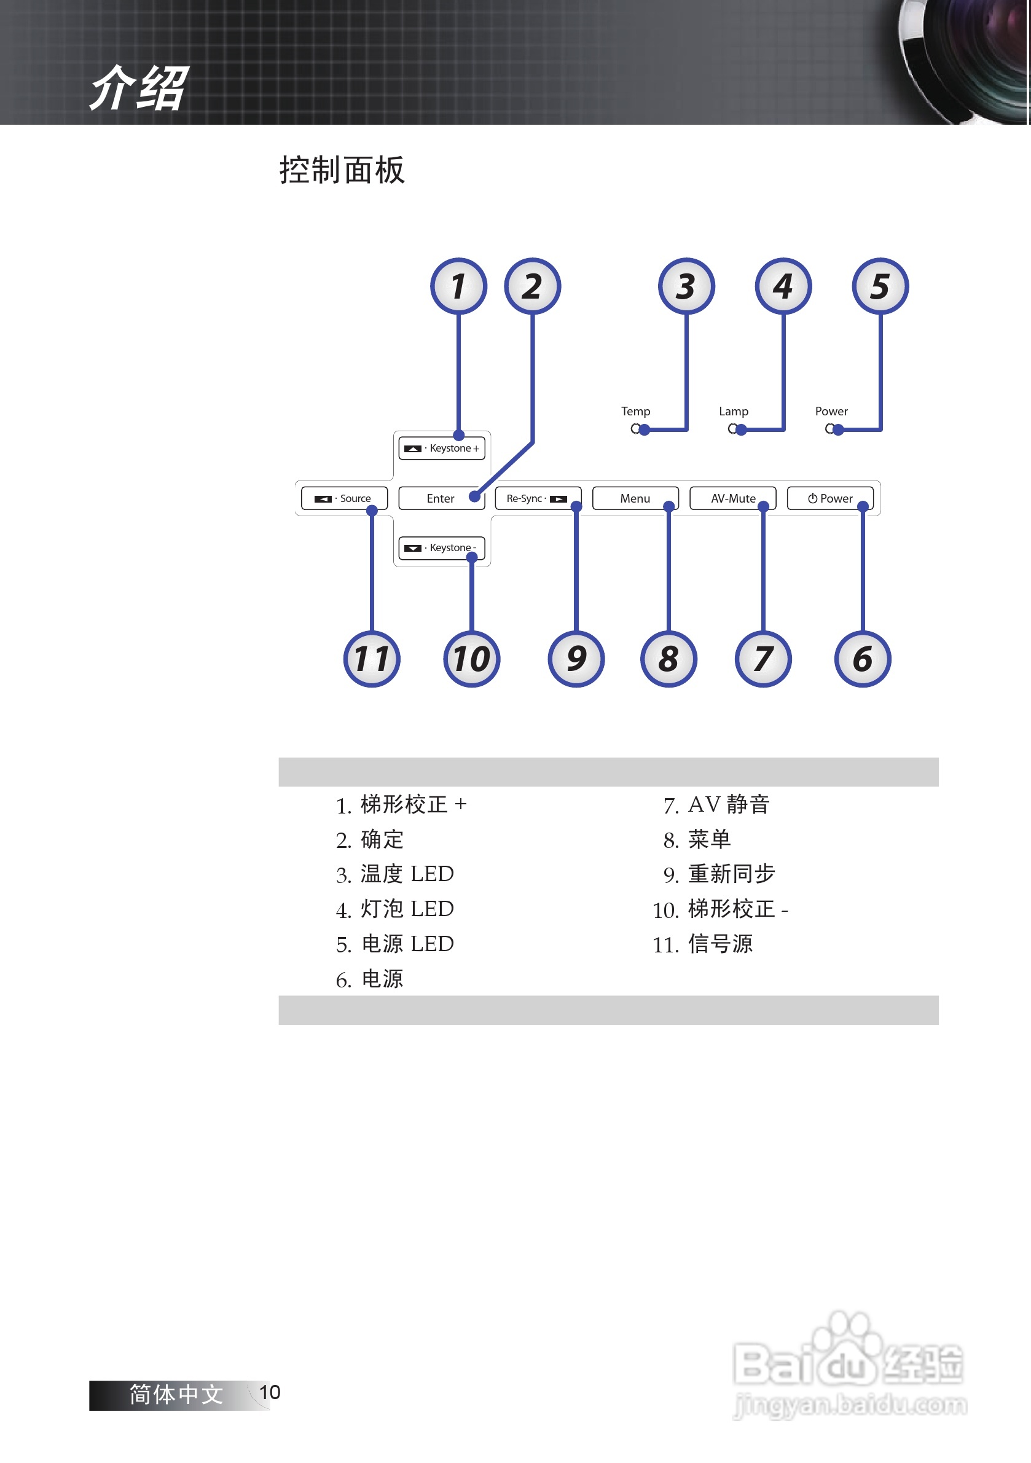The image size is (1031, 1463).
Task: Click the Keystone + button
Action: (442, 448)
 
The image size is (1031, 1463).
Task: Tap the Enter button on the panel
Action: (441, 498)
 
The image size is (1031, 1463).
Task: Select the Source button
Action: (344, 498)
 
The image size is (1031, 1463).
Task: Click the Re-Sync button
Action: (537, 498)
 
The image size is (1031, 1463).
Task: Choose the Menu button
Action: (635, 498)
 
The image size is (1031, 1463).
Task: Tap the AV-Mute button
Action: (733, 498)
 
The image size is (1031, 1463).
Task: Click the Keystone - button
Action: (442, 547)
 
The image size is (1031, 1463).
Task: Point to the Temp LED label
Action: (635, 411)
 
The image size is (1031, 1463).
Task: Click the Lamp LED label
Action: (734, 411)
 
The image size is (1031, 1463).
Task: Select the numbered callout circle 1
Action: (458, 286)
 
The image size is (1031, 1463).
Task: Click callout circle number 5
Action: (880, 286)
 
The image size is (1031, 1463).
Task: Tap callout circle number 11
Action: (372, 659)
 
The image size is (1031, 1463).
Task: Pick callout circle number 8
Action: (668, 659)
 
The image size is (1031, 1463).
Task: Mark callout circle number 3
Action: (686, 286)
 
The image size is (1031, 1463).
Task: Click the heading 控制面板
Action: (342, 170)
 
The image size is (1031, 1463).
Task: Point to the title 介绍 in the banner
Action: (139, 88)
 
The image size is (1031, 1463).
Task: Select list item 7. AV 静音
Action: (716, 805)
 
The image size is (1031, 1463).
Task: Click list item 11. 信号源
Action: (702, 944)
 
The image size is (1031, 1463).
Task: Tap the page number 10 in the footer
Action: (270, 1392)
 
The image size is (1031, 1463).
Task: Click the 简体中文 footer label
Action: (176, 1395)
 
